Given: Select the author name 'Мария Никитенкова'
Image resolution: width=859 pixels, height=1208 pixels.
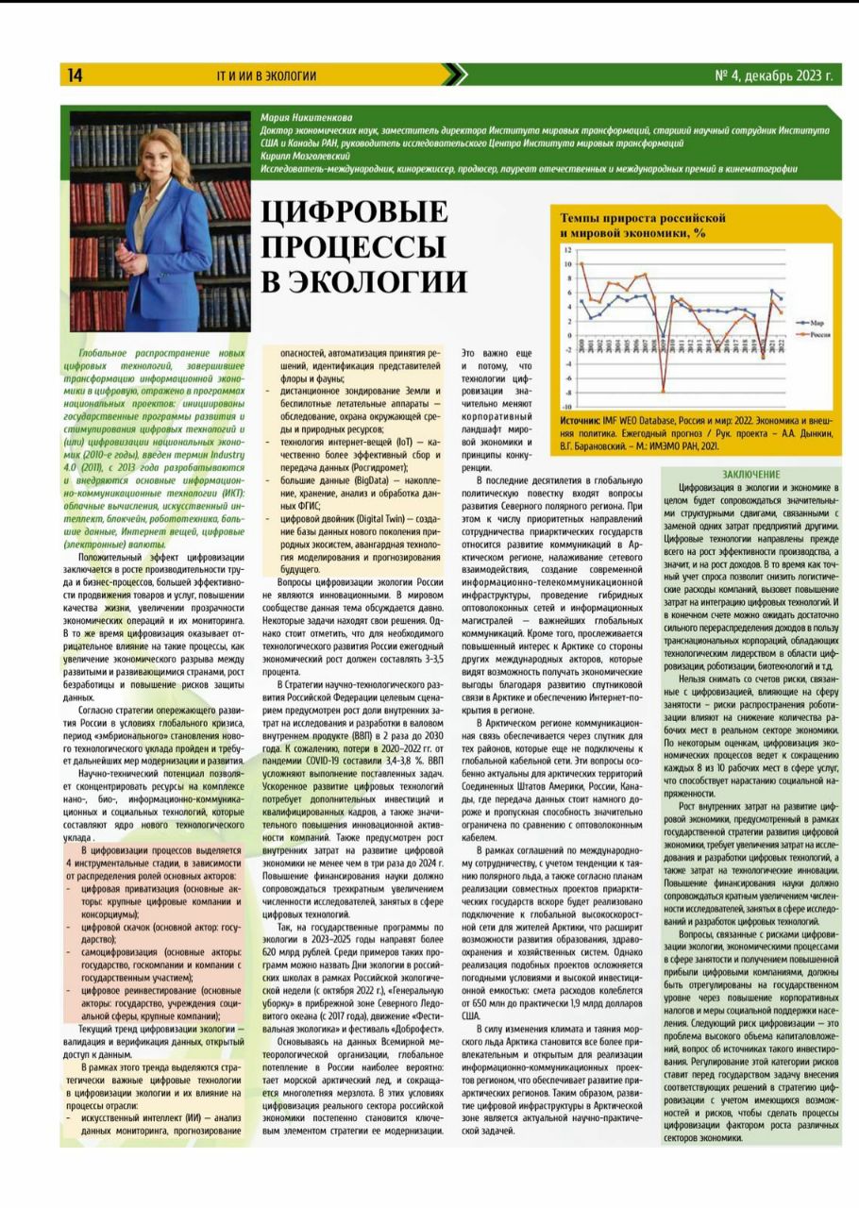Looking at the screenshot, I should pos(301,118).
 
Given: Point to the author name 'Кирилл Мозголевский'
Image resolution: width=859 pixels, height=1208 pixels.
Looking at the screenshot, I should pos(303,156).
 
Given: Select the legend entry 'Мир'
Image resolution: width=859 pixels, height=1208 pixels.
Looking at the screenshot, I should pos(817,322).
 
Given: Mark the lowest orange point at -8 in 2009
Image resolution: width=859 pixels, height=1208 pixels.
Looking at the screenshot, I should pos(663,391).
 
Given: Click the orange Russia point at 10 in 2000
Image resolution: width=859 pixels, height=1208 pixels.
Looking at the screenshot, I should pos(581,264).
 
